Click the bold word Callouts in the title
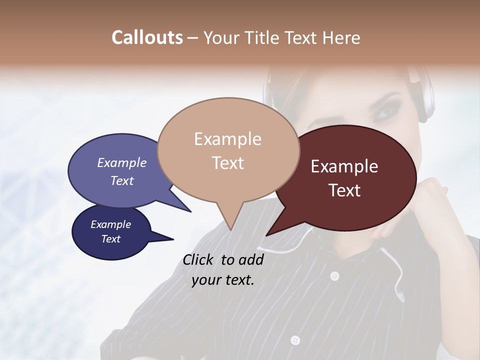tap(147, 37)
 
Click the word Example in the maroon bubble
tap(344, 166)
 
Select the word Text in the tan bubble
tap(228, 163)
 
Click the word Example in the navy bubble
tap(110, 224)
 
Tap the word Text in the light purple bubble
tap(122, 180)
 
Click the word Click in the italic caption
tap(199, 259)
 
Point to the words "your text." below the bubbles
tap(223, 280)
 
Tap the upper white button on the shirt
tap(334, 275)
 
